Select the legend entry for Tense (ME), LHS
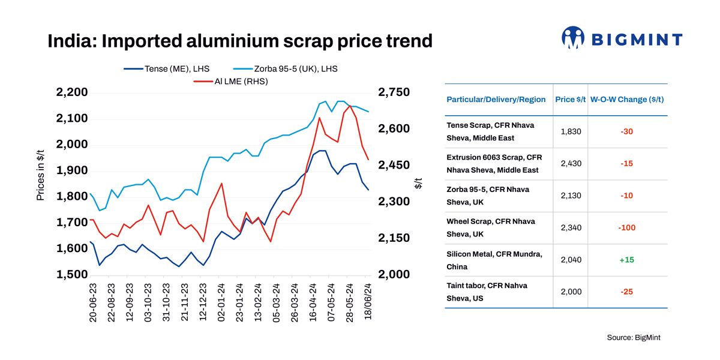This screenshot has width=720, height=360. [174, 69]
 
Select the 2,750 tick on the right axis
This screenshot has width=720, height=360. [394, 92]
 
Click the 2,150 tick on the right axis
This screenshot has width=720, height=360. [394, 238]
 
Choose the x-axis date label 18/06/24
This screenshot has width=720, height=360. [367, 303]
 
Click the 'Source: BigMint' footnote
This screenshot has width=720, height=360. [633, 338]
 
